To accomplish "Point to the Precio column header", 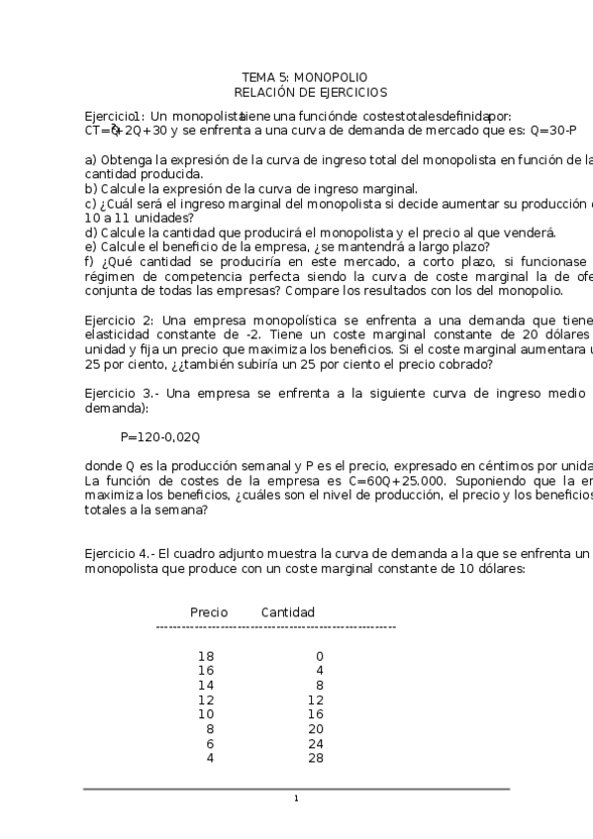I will click(208, 612).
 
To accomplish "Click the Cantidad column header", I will click(288, 612).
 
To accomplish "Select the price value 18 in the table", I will click(206, 656).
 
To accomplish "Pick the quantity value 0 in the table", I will click(320, 656).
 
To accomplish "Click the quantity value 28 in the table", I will click(316, 759).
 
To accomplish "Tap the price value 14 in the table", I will click(206, 685).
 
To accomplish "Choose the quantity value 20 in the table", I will click(316, 729).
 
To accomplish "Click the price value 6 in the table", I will click(209, 744).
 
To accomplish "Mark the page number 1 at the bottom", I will click(296, 799).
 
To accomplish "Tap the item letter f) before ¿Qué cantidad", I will click(89, 261).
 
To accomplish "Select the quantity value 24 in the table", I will click(316, 744).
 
